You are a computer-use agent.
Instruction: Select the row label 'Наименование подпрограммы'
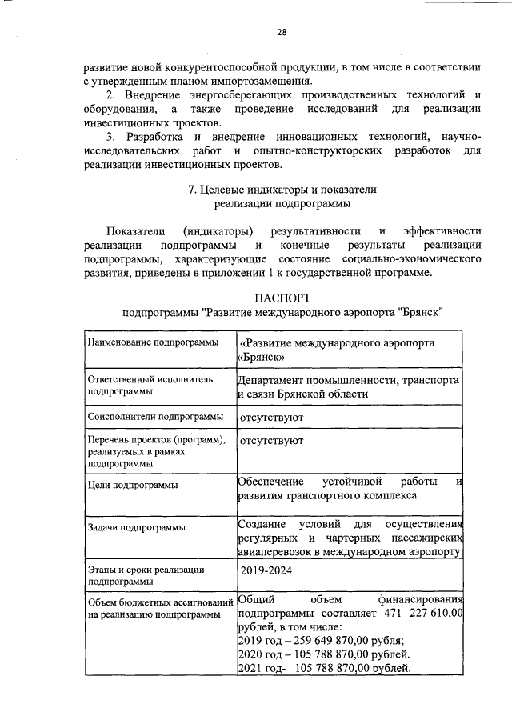pyautogui.click(x=152, y=342)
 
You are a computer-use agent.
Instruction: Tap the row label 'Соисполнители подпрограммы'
pyautogui.click(x=155, y=417)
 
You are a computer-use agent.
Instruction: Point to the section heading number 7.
pyautogui.click(x=190, y=190)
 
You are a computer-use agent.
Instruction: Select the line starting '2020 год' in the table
pyautogui.click(x=325, y=654)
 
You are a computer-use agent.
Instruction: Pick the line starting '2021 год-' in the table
pyautogui.click(x=325, y=669)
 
